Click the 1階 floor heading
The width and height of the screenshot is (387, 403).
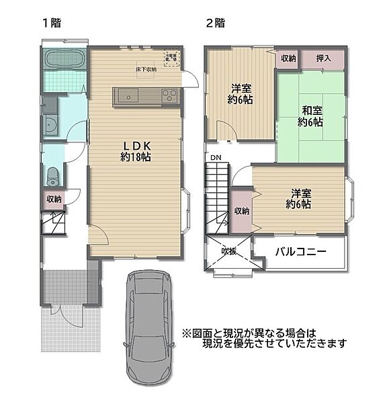[x=52, y=22]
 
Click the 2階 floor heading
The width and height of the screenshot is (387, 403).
[x=214, y=22]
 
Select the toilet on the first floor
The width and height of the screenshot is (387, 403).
[x=53, y=177]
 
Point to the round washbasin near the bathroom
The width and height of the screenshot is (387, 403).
[x=50, y=126]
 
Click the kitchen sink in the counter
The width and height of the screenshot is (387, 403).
[x=130, y=96]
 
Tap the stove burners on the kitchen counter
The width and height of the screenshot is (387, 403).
[x=169, y=96]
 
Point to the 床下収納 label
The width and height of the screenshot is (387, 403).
[x=145, y=69]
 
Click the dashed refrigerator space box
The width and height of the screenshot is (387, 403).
[x=172, y=58]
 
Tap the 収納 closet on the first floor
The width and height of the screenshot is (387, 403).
[x=54, y=199]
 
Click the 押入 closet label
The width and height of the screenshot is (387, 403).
[x=324, y=58]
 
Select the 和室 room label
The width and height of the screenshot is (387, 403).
[x=310, y=110]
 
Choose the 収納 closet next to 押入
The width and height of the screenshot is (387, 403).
[x=288, y=58]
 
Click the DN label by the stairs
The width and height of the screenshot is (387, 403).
[x=216, y=158]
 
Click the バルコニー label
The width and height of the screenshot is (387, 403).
[x=300, y=252]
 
